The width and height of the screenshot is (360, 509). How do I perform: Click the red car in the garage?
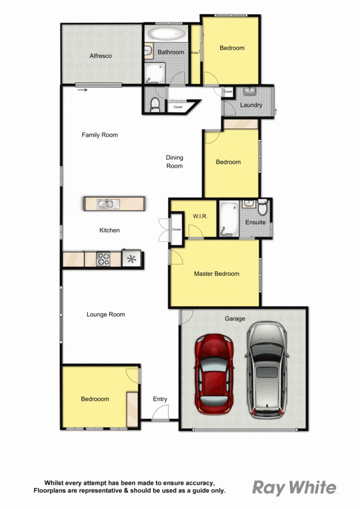point(214,373)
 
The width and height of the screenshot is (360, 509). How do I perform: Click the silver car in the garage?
point(267,370)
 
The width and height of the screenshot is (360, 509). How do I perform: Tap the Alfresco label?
point(101,56)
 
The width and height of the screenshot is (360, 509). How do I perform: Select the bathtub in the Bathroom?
point(166,33)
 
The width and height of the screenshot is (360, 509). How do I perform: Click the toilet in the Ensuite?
point(263,207)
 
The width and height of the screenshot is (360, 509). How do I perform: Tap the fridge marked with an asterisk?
point(131,259)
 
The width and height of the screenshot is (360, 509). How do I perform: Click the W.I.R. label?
point(200,216)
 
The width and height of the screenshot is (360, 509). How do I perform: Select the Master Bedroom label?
point(216,274)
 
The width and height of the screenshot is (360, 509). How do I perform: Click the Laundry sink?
point(250,91)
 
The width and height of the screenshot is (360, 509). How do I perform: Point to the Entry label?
point(160,399)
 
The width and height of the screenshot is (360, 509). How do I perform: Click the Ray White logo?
point(294,487)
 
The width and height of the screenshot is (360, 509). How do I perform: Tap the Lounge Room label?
point(106,315)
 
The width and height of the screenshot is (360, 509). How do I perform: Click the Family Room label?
point(99,135)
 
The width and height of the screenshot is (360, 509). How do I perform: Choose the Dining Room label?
point(175,162)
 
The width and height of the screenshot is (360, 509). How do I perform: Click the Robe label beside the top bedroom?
point(194,53)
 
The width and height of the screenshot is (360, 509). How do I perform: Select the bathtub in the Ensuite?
point(229,218)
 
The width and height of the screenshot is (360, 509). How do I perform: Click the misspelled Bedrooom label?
point(95,399)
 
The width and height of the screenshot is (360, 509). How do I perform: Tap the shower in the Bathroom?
point(154,73)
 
